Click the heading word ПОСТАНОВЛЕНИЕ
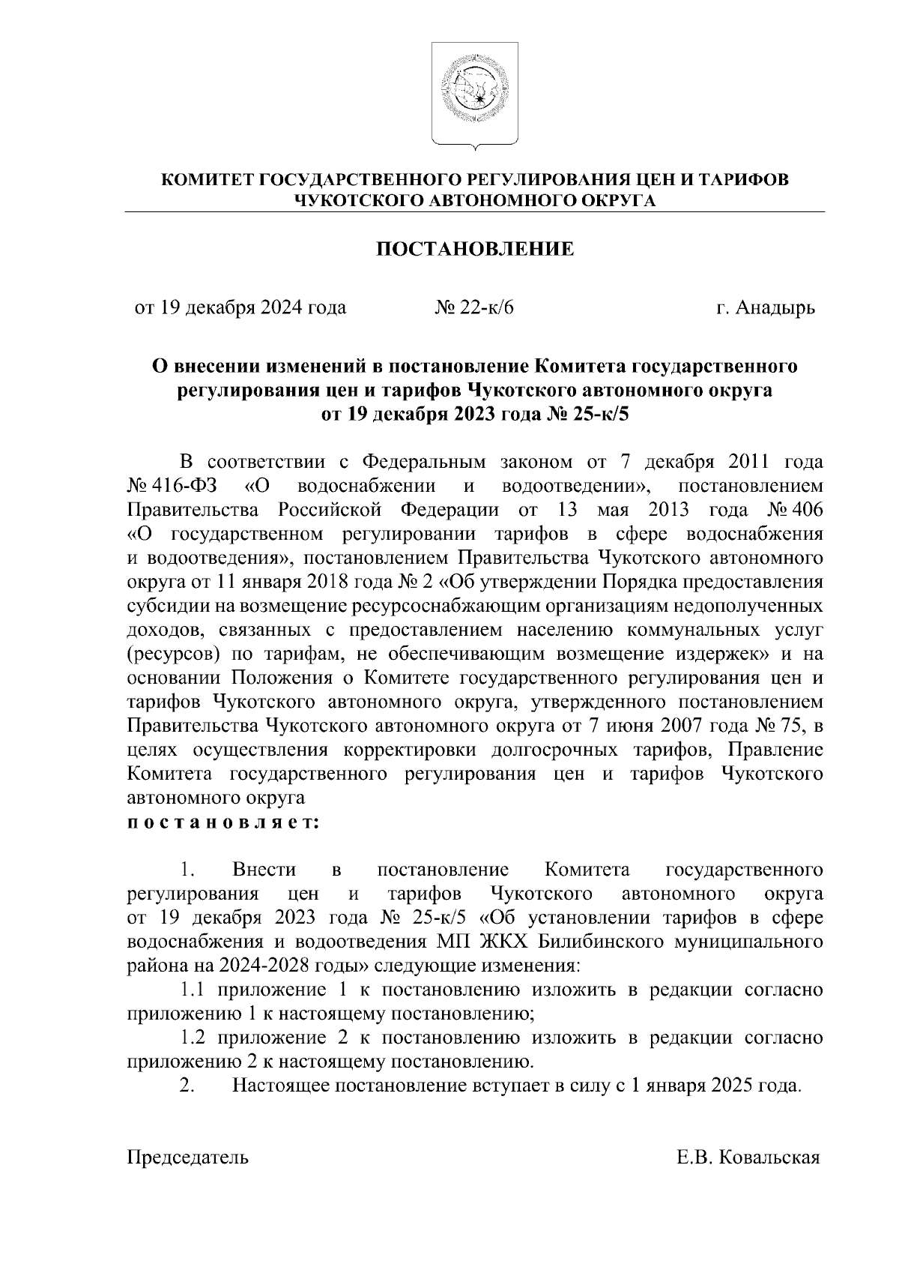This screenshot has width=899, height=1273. pyautogui.click(x=474, y=249)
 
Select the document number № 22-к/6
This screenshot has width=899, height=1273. pyautogui.click(x=474, y=307)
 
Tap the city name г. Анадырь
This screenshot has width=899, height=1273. pyautogui.click(x=765, y=307)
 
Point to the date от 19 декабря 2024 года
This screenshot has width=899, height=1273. pyautogui.click(x=240, y=307)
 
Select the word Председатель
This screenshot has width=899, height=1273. pyautogui.click(x=188, y=1157)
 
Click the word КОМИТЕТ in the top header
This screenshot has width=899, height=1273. pyautogui.click(x=208, y=180)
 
